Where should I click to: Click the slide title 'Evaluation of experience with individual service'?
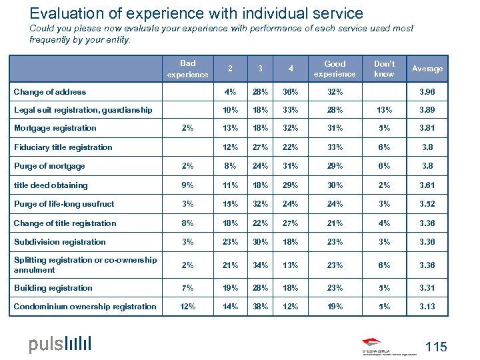197,13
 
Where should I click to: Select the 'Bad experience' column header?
187,69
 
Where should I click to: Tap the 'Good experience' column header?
334,69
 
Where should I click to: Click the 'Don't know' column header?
384,69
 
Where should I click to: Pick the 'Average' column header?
427,69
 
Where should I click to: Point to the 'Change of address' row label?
50,92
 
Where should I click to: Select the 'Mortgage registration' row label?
55,128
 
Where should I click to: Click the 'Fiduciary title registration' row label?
63,147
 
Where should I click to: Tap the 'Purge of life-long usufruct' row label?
64,204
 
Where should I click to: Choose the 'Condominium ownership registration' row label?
85,307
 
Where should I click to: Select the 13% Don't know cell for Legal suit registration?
384,109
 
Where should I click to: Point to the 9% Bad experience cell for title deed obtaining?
187,185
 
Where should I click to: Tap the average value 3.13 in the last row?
427,307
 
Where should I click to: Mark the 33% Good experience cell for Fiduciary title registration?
334,147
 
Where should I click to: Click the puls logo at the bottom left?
60,344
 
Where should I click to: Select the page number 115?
435,346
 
